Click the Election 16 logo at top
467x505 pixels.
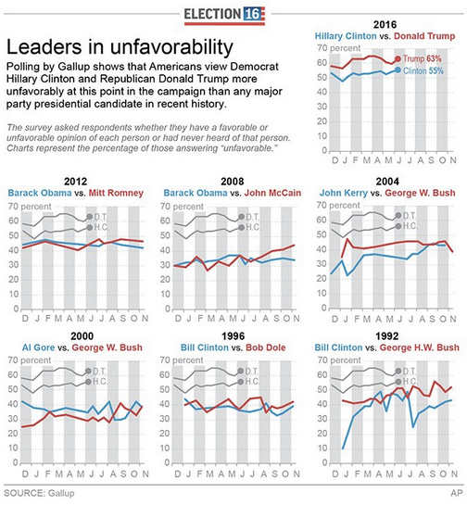tap(224, 15)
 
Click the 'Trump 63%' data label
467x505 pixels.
tap(422, 58)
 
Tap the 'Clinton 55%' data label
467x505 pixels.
tap(423, 70)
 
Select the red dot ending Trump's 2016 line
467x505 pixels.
tap(398, 58)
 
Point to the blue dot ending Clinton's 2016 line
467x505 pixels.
tap(398, 69)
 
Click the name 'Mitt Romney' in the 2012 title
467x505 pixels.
tap(116, 193)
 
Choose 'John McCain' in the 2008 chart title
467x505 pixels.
tap(272, 193)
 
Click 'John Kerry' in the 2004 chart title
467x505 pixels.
tap(344, 193)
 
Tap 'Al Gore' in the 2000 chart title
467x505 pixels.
tap(38, 347)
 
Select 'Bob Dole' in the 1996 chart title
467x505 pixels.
tap(265, 347)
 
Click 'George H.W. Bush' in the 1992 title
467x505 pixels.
tap(420, 347)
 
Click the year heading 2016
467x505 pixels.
tap(385, 25)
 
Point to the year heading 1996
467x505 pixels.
tap(233, 336)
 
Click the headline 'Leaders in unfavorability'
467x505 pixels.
tap(120, 47)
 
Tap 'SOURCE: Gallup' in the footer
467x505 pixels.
tap(39, 493)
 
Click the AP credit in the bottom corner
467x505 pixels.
tap(457, 493)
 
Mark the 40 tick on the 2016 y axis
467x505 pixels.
tap(322, 92)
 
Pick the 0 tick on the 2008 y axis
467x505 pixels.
tap(167, 309)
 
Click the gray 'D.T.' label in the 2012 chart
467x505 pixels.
tap(100, 217)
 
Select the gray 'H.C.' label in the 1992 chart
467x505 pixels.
tap(410, 382)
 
